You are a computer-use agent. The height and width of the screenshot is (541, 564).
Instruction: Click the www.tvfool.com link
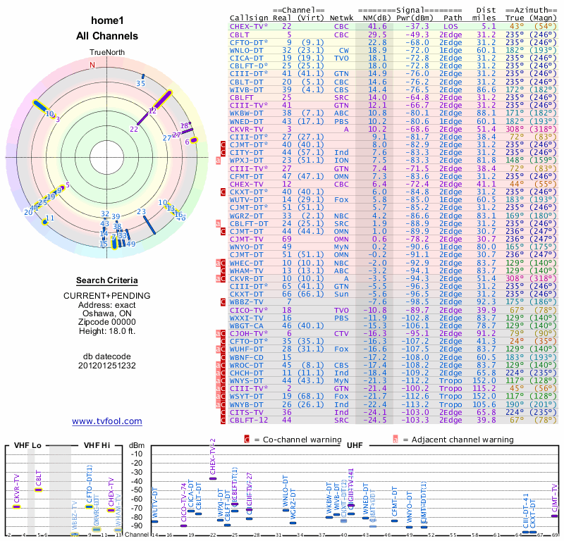(x=107, y=421)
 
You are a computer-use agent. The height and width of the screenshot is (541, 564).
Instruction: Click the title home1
(x=107, y=21)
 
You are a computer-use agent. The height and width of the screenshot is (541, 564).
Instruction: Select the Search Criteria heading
(x=107, y=280)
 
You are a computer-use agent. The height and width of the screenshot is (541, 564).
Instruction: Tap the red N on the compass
(x=92, y=65)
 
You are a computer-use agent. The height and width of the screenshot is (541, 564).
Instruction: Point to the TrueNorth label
(x=107, y=52)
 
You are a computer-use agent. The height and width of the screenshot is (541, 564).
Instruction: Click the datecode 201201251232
(x=107, y=366)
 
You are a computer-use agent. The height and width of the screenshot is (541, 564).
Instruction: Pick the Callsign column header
(x=250, y=18)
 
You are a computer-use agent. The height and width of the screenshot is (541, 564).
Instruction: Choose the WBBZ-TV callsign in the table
(x=247, y=301)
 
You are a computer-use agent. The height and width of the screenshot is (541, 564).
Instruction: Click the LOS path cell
(x=450, y=25)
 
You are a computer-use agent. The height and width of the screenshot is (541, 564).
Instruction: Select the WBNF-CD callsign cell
(x=247, y=357)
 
